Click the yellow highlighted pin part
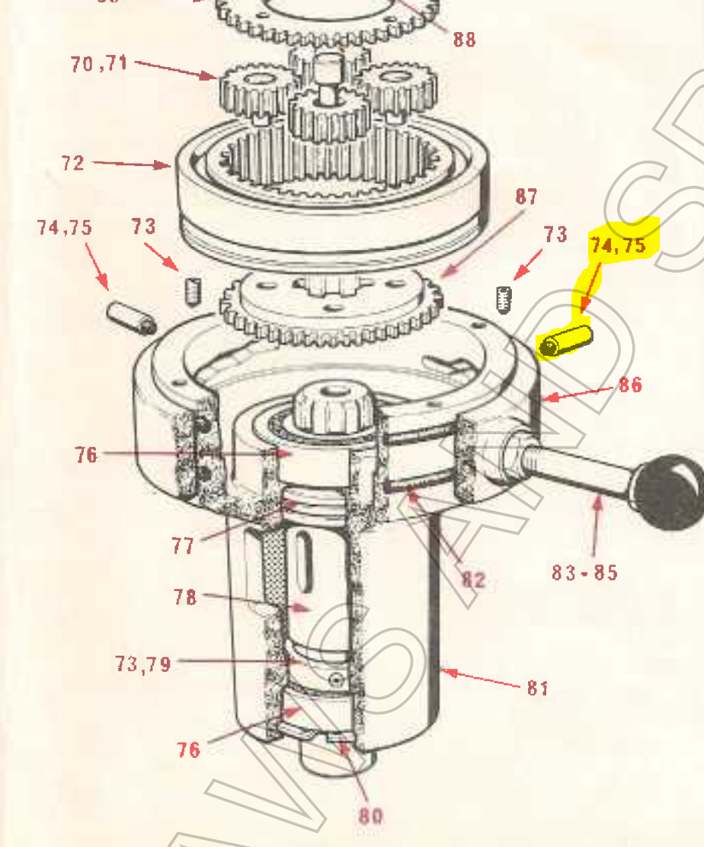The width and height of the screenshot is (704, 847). [x=565, y=342]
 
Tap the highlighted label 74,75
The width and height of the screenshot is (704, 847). [x=617, y=245]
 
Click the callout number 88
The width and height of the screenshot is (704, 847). [x=464, y=39]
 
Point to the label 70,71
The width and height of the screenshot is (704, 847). [x=99, y=64]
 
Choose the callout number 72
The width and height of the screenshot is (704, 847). [x=72, y=163]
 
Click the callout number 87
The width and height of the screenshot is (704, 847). [x=526, y=197]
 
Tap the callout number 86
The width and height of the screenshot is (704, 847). [x=629, y=385]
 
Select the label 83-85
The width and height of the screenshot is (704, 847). [x=584, y=571]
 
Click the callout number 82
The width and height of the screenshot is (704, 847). [x=472, y=580]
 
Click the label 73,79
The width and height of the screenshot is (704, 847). [x=142, y=664]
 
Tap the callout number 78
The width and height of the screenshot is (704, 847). [x=184, y=597]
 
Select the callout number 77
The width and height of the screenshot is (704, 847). [x=183, y=545]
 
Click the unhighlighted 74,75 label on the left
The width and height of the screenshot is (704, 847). [x=65, y=227]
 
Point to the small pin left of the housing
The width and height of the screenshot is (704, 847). [x=130, y=316]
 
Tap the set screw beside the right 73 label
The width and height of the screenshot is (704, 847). [x=502, y=299]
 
